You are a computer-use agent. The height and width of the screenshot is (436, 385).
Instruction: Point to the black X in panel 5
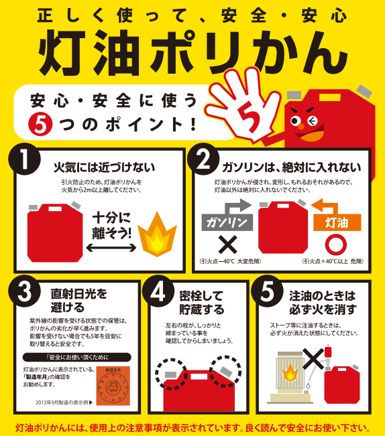[315, 358]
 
